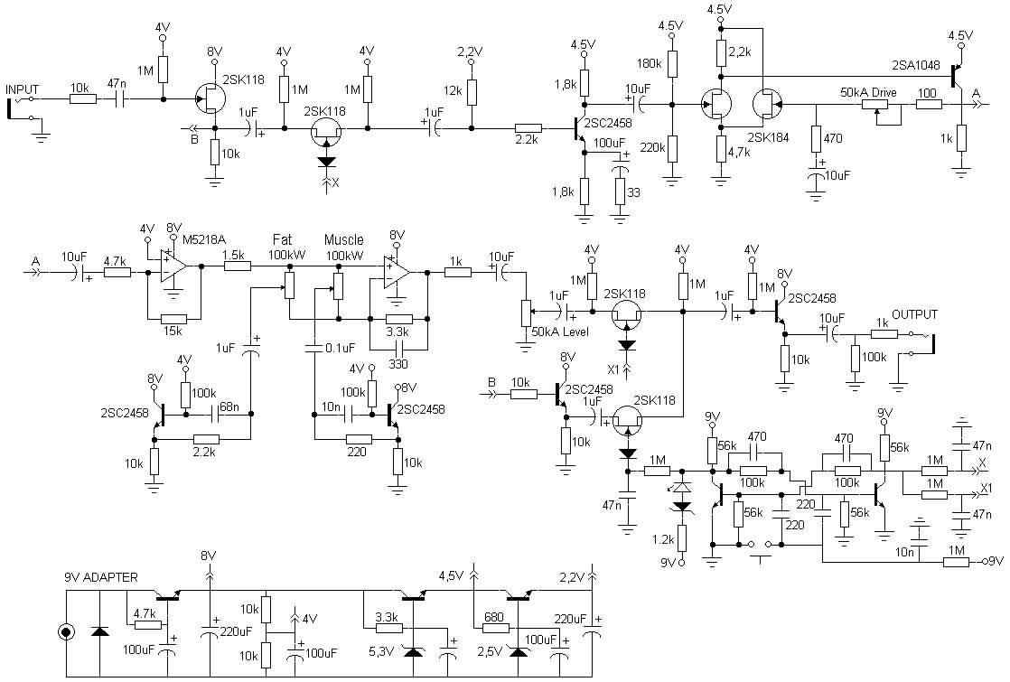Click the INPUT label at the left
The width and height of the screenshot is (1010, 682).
[23, 89]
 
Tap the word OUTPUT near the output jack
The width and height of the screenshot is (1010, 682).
[915, 314]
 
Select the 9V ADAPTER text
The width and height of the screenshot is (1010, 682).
[101, 577]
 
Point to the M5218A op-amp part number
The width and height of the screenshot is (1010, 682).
[205, 239]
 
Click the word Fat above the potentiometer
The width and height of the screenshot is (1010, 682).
[283, 240]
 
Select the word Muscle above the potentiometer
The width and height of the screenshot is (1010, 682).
[344, 240]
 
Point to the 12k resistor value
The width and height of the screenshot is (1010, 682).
[454, 90]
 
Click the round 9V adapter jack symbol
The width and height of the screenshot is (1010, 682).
[66, 632]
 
